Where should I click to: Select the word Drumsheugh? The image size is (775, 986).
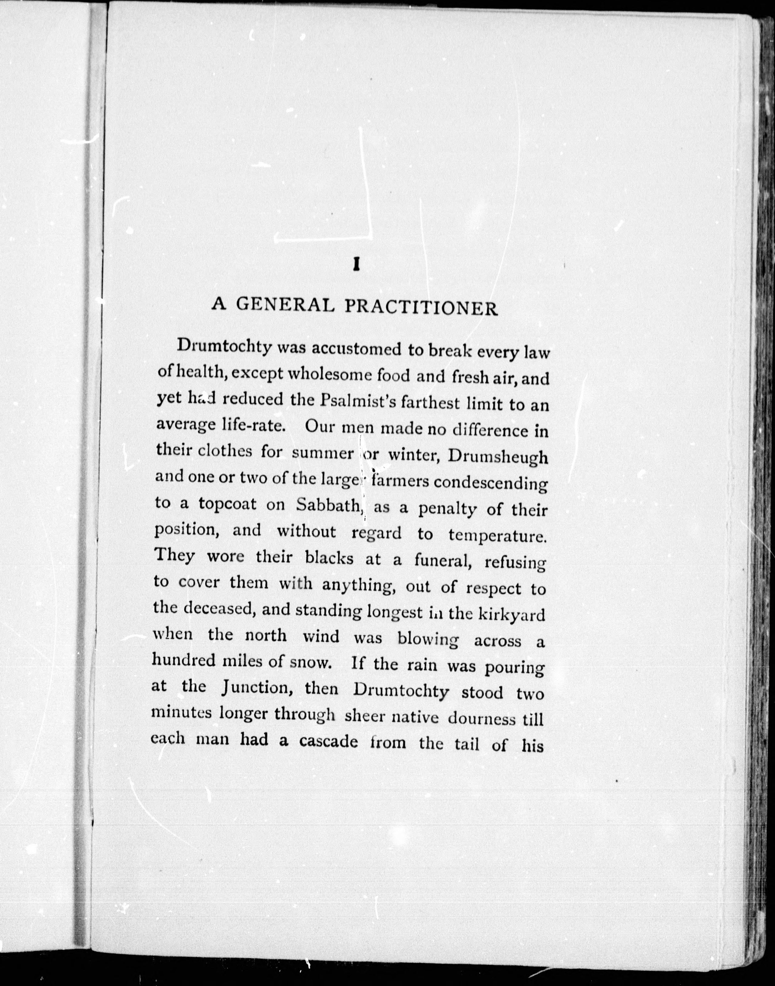pyautogui.click(x=498, y=457)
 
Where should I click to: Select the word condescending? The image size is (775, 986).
pyautogui.click(x=490, y=483)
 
